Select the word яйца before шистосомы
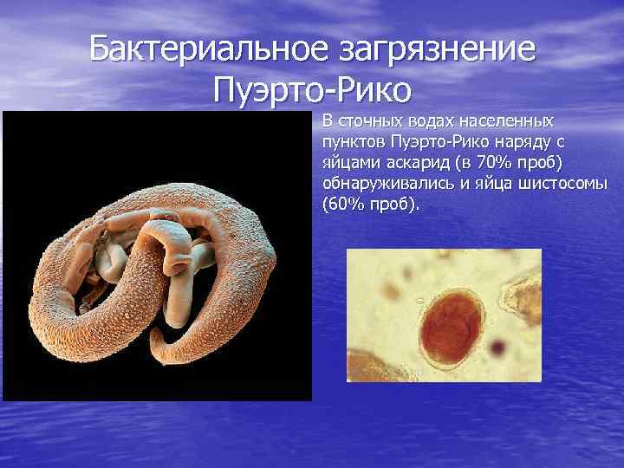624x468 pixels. coord(497,184)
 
